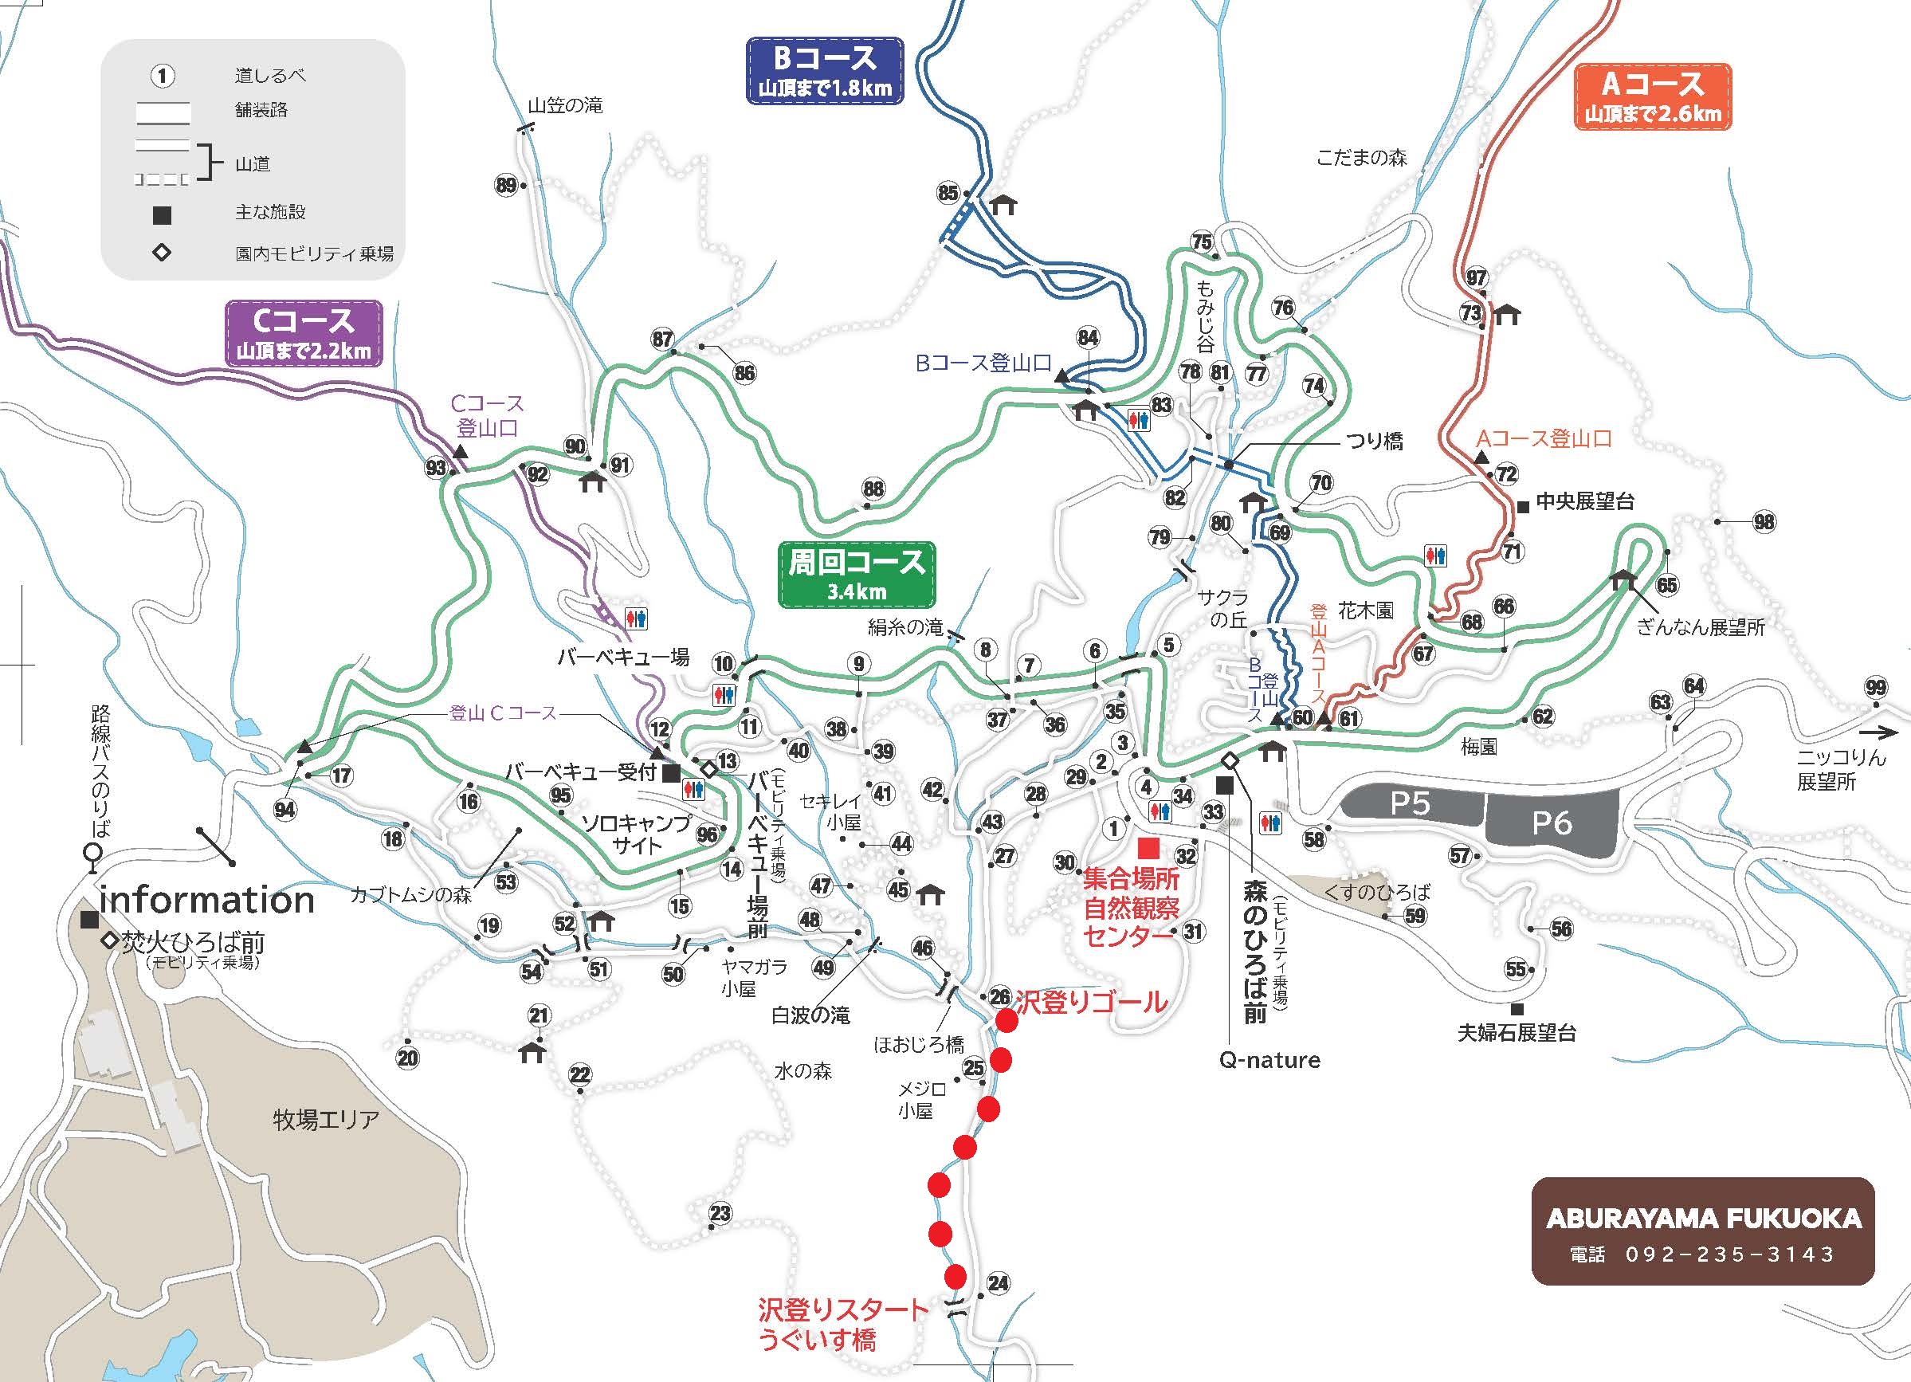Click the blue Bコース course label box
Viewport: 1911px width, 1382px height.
point(824,70)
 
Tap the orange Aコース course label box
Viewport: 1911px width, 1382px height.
point(1651,96)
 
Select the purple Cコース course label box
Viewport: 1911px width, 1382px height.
point(304,334)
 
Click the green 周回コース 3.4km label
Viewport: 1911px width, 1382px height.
point(856,574)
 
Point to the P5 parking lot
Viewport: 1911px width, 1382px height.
point(1410,803)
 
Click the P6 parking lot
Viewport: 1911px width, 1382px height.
point(1552,822)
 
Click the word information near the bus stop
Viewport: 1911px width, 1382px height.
point(207,900)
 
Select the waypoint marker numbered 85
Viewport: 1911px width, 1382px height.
point(948,193)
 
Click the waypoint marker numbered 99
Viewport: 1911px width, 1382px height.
point(1875,688)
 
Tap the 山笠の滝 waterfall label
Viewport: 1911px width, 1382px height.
point(564,106)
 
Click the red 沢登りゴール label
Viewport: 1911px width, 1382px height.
point(1091,1002)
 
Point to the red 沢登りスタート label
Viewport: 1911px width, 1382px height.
point(842,1310)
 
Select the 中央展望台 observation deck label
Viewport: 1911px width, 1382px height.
point(1584,501)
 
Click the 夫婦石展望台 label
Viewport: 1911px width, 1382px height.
point(1517,1033)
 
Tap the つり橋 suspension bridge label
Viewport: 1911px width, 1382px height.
point(1375,441)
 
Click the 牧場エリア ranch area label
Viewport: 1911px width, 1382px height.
point(326,1120)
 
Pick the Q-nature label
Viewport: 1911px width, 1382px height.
point(1269,1060)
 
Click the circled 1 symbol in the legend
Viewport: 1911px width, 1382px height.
point(162,76)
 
